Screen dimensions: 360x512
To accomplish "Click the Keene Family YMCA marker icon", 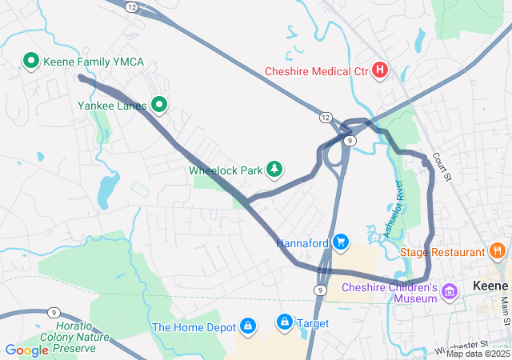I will (x=31, y=61).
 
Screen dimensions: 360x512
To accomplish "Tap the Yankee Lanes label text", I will (x=112, y=105).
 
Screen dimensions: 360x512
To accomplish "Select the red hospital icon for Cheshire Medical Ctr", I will (x=380, y=71).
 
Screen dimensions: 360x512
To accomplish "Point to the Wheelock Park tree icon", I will (x=275, y=169).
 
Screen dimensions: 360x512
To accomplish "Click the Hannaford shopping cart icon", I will (x=342, y=242).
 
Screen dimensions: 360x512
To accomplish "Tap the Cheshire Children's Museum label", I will (x=390, y=293).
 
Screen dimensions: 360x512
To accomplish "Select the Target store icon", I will (x=284, y=322).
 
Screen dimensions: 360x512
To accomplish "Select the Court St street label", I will (x=442, y=166).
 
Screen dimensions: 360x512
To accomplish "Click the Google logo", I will (x=26, y=350).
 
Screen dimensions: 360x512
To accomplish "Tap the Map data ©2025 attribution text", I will (x=478, y=354).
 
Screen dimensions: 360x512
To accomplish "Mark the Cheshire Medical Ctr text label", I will (x=316, y=71).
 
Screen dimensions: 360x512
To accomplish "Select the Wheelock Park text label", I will (x=226, y=170).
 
